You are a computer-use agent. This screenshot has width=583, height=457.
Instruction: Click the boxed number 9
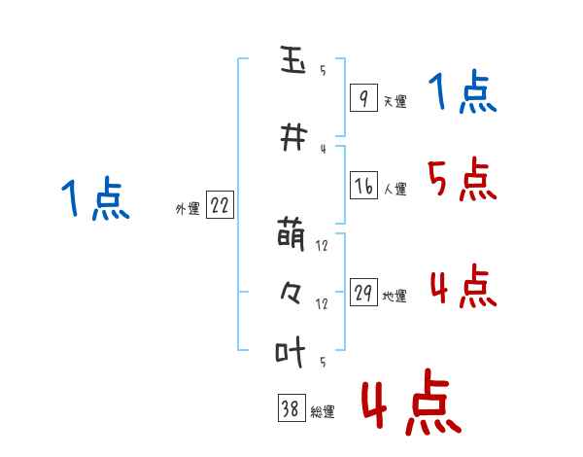pos(363,98)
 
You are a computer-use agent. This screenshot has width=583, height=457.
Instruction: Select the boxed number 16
pos(363,186)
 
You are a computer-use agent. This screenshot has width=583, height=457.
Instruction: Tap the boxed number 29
pos(363,293)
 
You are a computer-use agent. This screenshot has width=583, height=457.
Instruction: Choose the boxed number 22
pos(220,205)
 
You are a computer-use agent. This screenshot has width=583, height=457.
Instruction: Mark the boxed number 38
pos(291,409)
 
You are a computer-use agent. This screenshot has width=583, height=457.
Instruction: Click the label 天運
pos(394,101)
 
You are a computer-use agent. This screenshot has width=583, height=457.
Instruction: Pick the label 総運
pos(323,412)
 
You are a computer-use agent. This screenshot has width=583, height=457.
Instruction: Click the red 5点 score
pos(462,179)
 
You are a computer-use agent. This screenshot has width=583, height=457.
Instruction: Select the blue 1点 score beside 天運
pos(462,93)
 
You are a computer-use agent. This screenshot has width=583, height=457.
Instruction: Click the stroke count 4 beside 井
pos(322,149)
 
